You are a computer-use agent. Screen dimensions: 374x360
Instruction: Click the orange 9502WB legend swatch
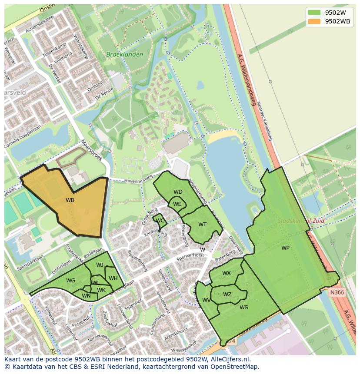click(x=315, y=21)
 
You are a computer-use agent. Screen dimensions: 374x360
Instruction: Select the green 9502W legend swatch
click(x=315, y=12)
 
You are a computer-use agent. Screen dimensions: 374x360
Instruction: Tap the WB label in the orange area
click(x=70, y=200)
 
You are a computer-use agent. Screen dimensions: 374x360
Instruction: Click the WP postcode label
click(x=285, y=248)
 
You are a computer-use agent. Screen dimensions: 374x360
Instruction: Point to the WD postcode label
click(x=178, y=192)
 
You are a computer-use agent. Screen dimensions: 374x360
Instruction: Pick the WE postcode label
click(x=177, y=204)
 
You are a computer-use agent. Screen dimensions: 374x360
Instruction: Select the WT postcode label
click(x=202, y=225)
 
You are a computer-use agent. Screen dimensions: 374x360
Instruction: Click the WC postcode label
click(x=160, y=221)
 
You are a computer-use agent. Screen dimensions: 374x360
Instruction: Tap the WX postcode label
click(x=227, y=273)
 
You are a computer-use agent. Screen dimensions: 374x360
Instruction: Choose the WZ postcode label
click(x=227, y=295)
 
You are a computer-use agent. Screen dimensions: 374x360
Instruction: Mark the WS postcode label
click(x=244, y=308)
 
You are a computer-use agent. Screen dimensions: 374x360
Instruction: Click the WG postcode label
click(x=71, y=281)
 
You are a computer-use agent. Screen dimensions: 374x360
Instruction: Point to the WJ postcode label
click(x=100, y=265)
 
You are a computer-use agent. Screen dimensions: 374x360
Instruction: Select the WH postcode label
click(x=113, y=278)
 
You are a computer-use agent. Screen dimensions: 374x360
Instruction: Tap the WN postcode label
click(x=86, y=296)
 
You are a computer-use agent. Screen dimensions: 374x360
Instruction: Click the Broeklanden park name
click(x=124, y=55)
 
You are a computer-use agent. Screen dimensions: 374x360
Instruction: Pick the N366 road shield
click(x=337, y=292)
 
